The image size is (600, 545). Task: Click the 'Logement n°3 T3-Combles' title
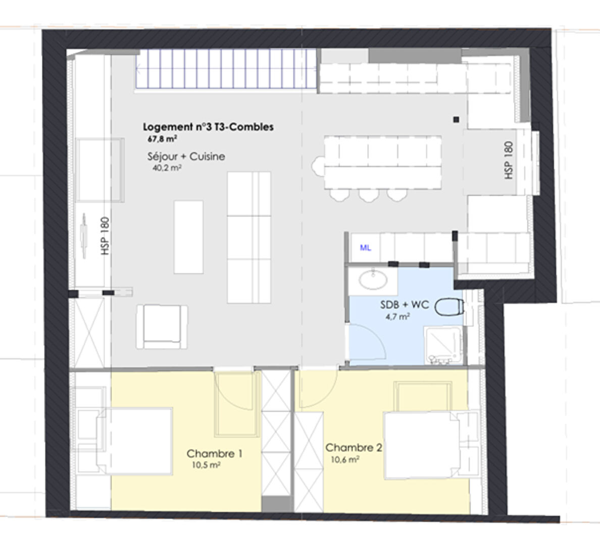(208, 127)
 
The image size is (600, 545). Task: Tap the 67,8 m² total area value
(162, 139)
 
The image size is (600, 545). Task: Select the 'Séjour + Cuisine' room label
(186, 156)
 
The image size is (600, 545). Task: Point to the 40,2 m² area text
(167, 168)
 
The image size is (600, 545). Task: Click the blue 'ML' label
(366, 248)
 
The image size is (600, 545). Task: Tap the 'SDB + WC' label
(405, 305)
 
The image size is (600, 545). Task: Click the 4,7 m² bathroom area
(398, 317)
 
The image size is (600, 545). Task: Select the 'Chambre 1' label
(214, 454)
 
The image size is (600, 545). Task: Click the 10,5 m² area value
(206, 465)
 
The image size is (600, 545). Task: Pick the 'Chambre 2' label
(354, 448)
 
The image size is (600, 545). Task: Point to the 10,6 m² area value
(345, 459)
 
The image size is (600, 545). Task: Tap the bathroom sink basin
(373, 279)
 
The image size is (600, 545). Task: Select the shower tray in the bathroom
(443, 345)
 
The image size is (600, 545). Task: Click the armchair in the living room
(162, 326)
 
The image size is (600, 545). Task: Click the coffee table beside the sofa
(189, 237)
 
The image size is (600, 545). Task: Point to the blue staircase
(226, 70)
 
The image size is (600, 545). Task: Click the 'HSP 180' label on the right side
(509, 160)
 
